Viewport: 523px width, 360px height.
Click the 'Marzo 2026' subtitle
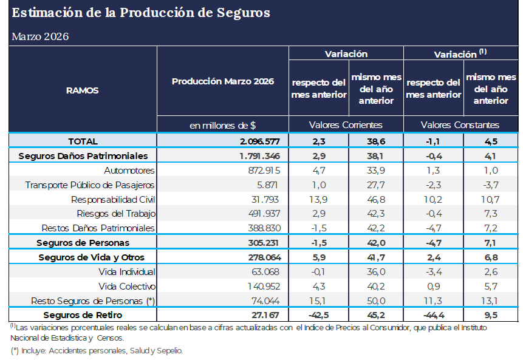(40, 36)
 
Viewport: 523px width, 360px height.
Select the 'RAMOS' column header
(82, 90)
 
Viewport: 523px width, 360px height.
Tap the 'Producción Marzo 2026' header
(222, 81)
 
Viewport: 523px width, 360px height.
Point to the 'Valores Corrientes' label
(345, 124)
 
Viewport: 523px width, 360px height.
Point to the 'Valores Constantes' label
(460, 124)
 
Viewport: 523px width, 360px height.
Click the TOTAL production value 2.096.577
(259, 141)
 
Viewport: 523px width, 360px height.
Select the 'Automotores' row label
(129, 170)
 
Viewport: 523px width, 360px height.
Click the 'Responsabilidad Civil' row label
(113, 199)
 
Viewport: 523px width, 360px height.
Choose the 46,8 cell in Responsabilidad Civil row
(376, 199)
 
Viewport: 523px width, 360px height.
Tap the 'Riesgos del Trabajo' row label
(116, 213)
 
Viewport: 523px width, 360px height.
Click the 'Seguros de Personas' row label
(83, 242)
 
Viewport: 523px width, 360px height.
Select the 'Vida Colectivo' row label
(127, 286)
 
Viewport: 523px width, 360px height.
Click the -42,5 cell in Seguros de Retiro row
(318, 315)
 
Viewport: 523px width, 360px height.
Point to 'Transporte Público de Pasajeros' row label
(90, 185)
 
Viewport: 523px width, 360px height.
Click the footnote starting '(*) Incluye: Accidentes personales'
(97, 350)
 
